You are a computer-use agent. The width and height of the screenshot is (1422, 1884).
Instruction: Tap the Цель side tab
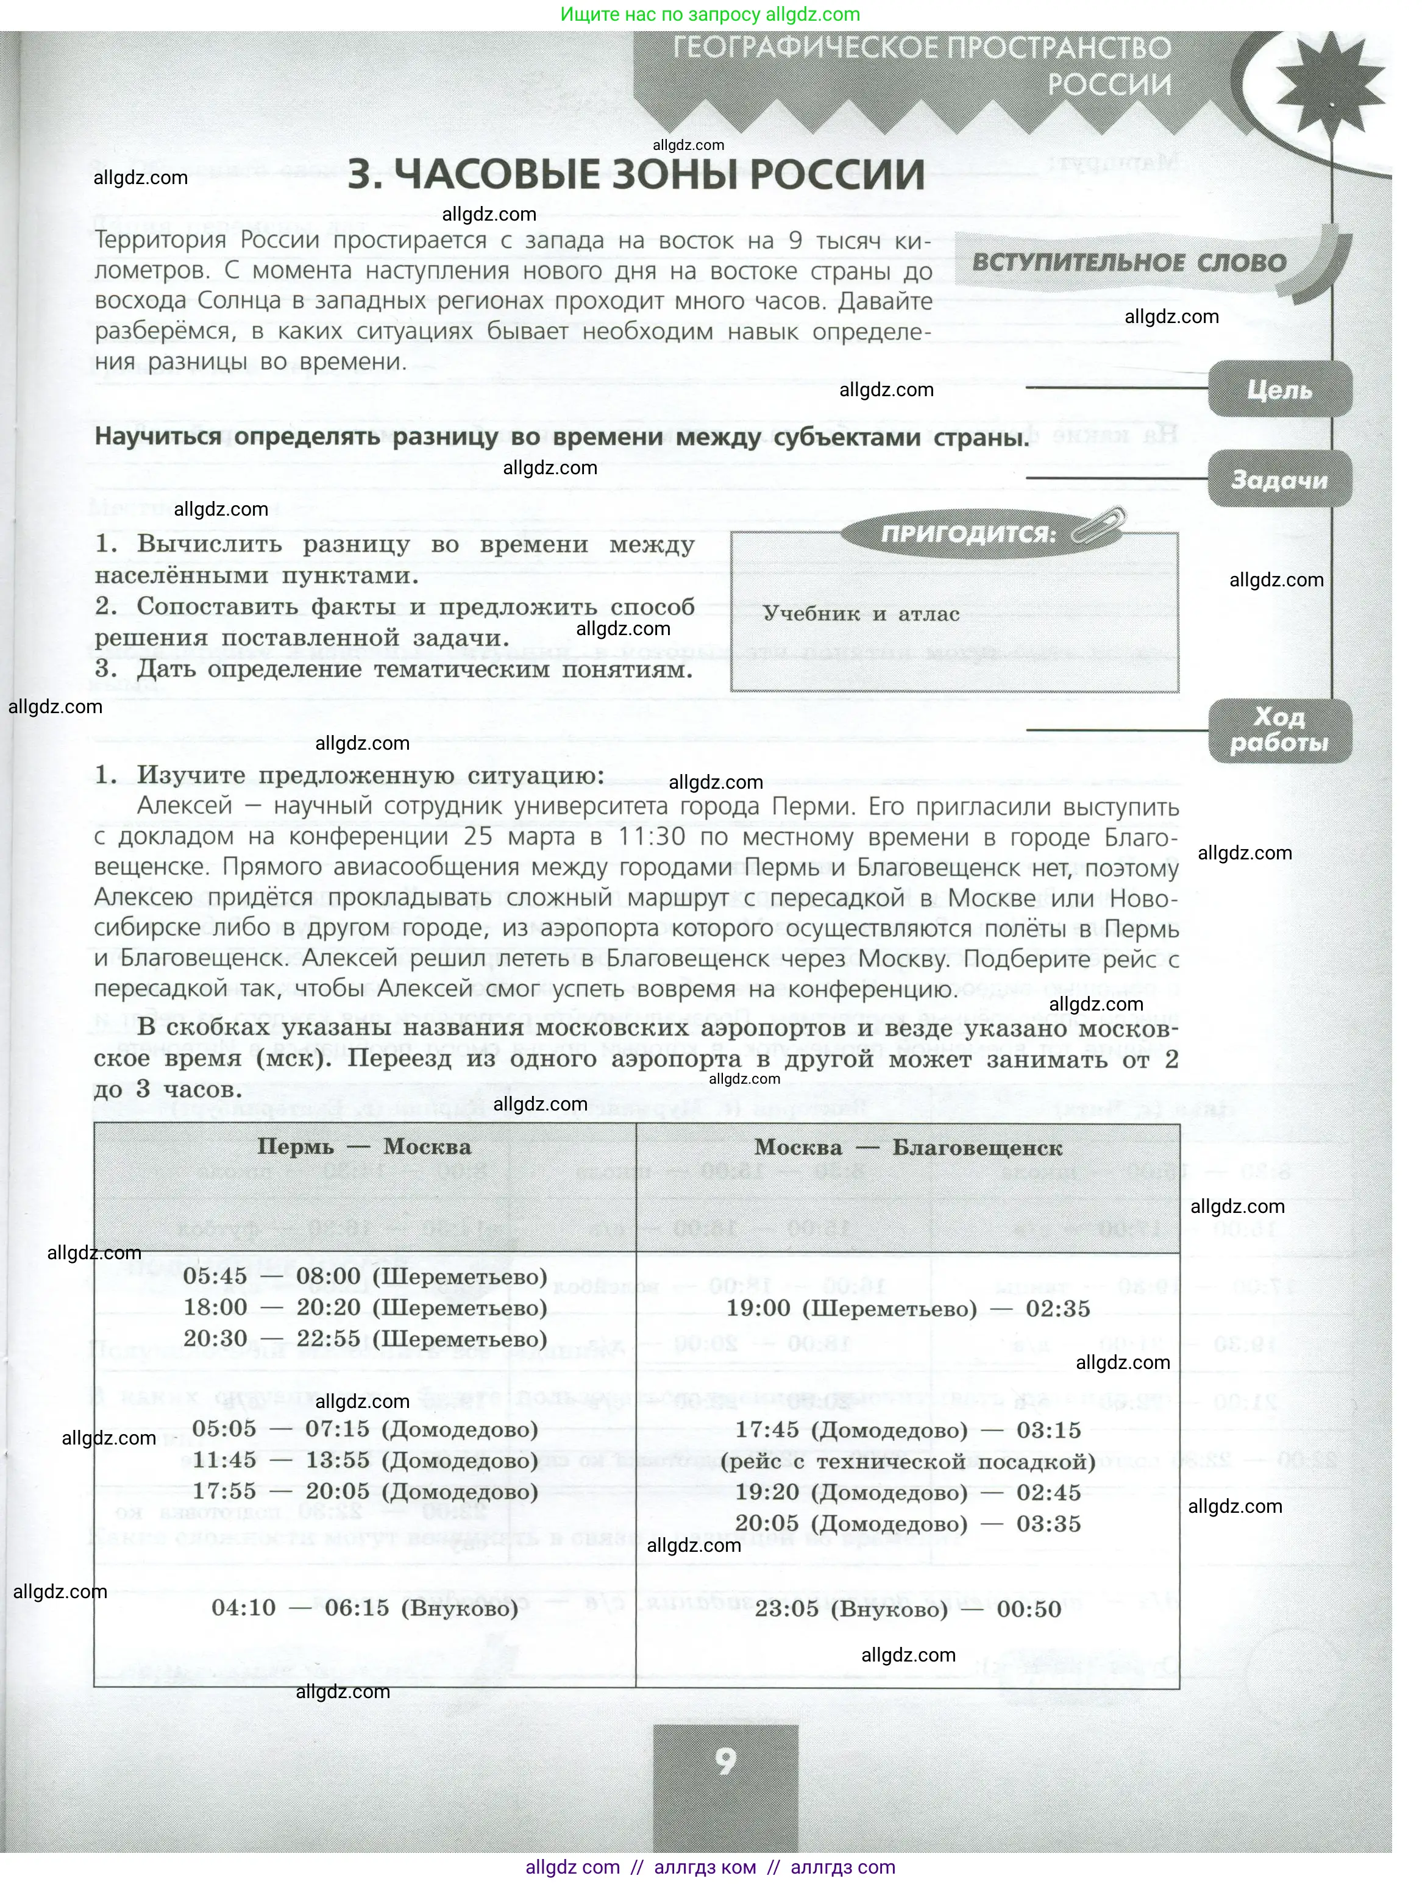pos(1279,389)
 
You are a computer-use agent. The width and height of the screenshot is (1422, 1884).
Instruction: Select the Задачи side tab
pos(1279,480)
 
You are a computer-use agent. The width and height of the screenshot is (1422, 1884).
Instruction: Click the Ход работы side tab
pos(1279,730)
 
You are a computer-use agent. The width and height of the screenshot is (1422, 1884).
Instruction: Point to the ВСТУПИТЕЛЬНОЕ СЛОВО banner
pos(1129,261)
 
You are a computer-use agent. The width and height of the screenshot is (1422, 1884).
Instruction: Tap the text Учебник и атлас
pos(861,614)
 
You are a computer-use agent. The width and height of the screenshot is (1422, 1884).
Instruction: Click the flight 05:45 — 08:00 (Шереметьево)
pos(365,1276)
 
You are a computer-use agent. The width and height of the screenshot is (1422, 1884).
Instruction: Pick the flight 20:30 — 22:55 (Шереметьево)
pos(365,1338)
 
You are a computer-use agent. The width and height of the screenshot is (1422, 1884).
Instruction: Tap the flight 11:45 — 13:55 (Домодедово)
pos(365,1460)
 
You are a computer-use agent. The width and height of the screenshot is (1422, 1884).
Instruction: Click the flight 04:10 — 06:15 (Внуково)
pos(365,1607)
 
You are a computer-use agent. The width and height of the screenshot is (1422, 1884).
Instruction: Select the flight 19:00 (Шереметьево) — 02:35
pos(908,1308)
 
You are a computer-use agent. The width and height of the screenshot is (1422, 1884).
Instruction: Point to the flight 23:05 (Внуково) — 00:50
pos(908,1609)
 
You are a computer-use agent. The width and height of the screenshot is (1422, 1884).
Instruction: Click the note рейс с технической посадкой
pos(908,1462)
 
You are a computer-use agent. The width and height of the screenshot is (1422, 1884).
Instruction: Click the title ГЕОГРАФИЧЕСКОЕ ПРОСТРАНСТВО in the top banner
pos(922,49)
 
